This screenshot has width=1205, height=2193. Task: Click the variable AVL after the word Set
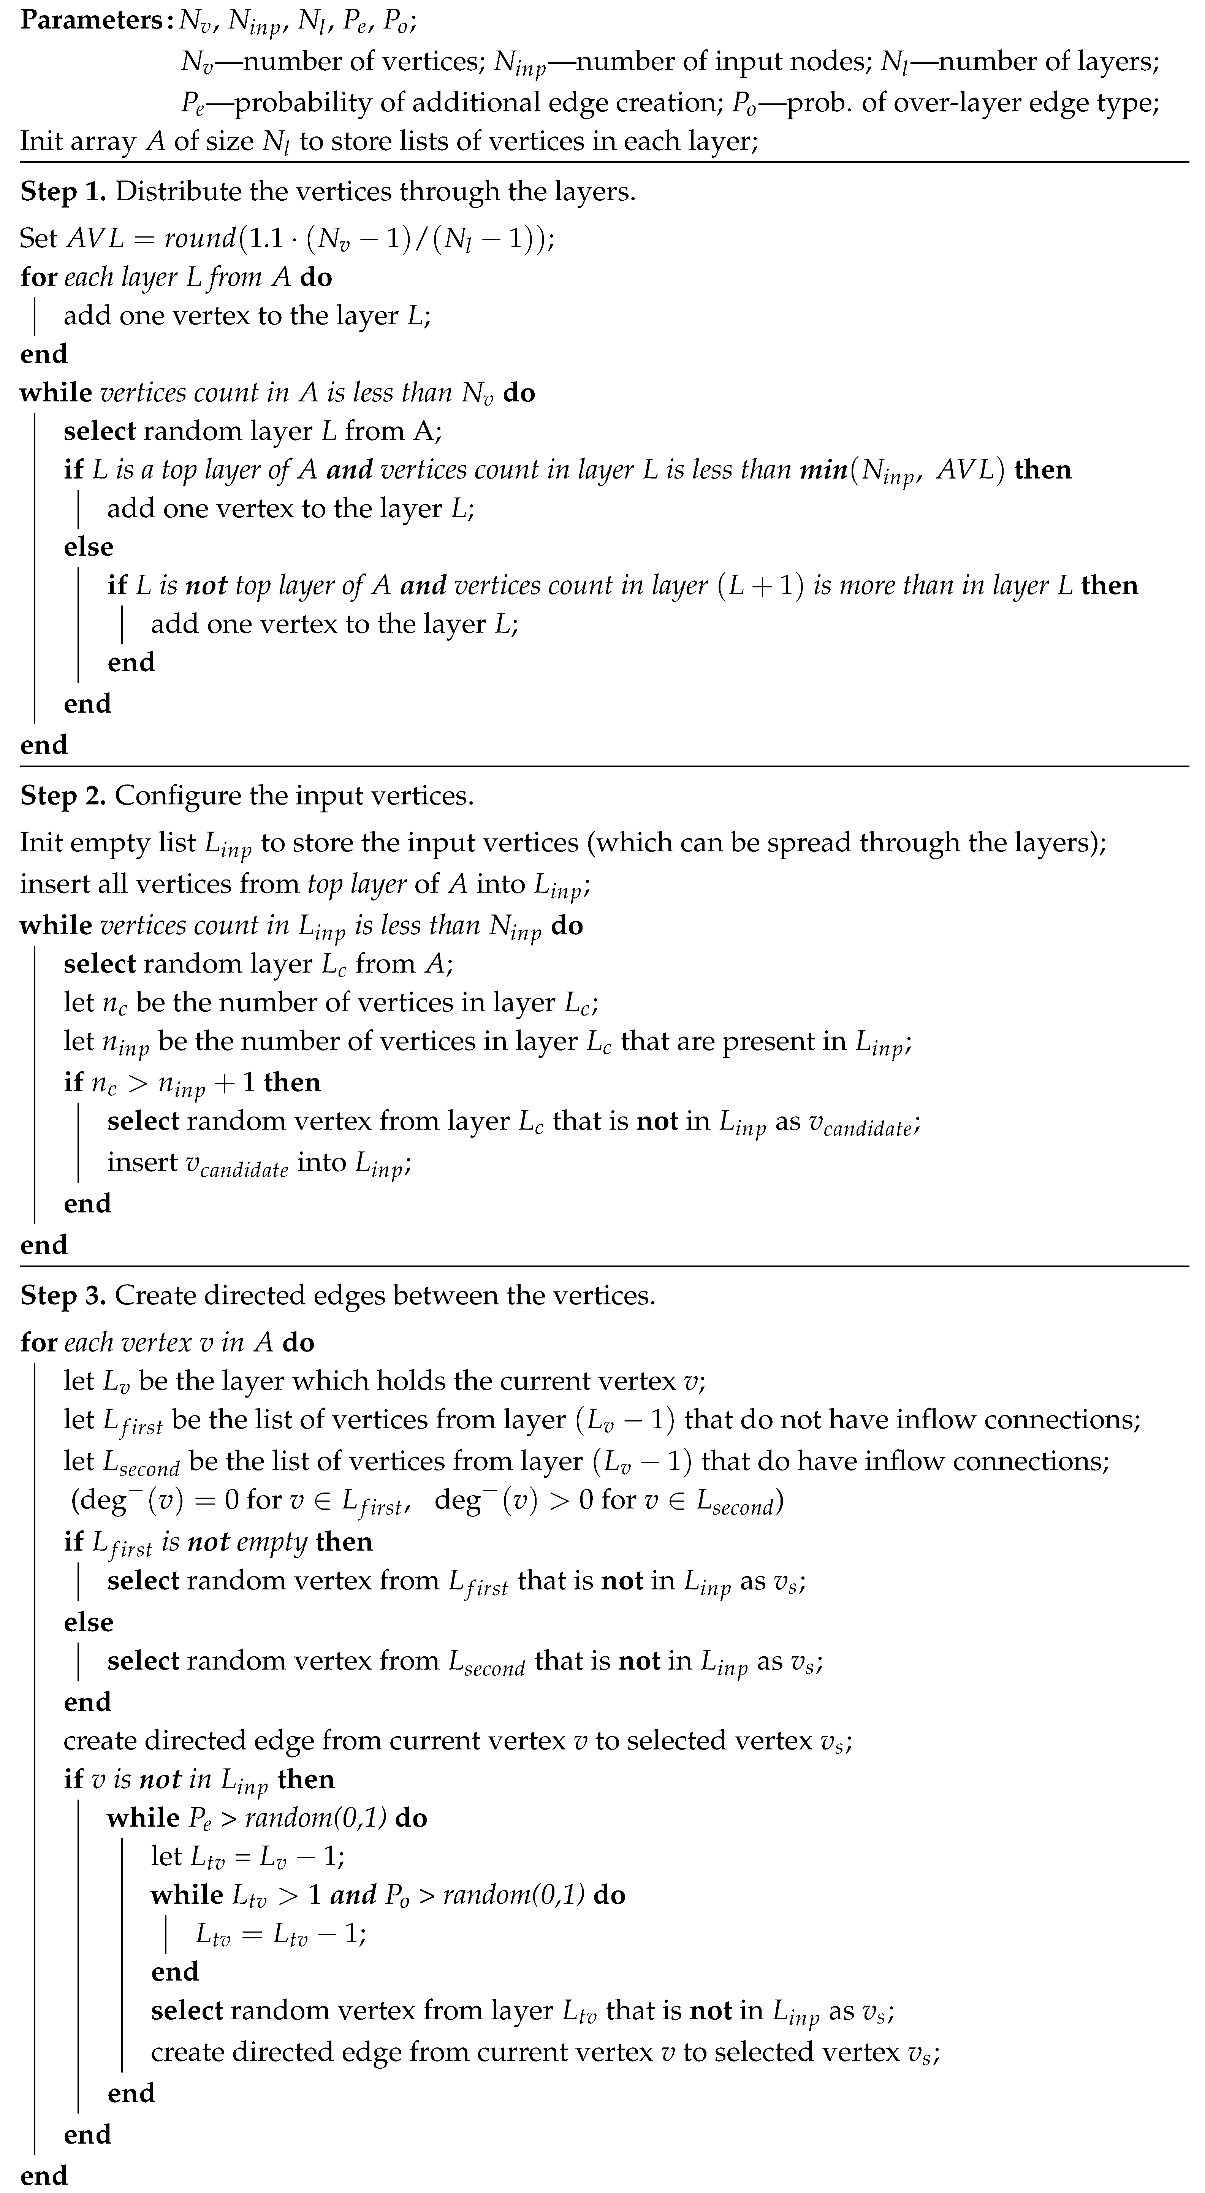[x=95, y=238]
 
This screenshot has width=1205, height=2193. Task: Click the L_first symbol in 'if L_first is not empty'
[x=122, y=1543]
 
